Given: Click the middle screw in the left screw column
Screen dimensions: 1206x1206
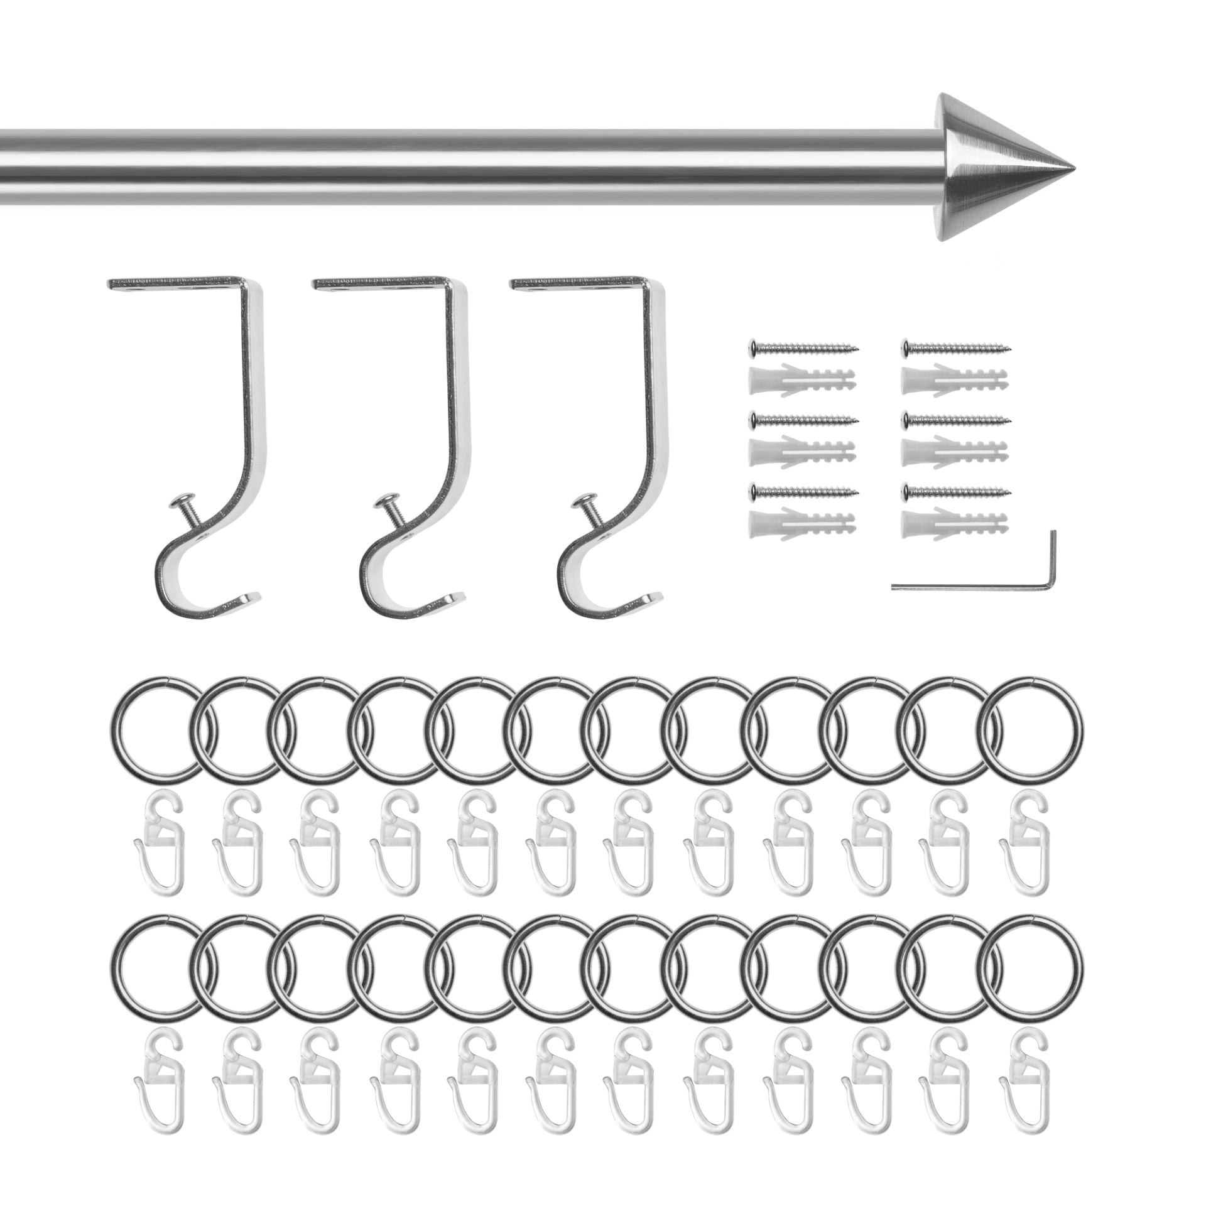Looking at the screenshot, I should [804, 418].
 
